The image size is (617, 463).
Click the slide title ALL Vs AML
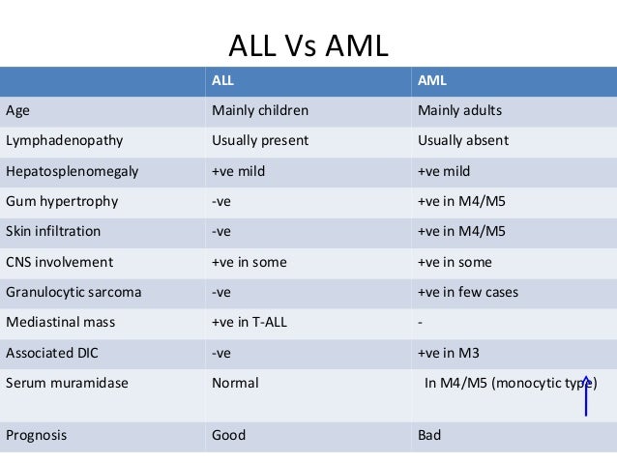click(307, 45)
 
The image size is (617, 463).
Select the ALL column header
click(223, 80)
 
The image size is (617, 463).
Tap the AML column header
click(431, 80)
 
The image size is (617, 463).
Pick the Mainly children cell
click(258, 109)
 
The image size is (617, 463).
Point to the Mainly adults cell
click(459, 109)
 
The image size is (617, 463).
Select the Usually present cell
click(259, 140)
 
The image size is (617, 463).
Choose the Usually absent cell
click(462, 140)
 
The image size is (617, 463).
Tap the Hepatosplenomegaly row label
click(72, 171)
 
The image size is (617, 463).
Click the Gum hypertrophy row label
click(61, 201)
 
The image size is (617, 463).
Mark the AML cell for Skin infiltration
click(458, 232)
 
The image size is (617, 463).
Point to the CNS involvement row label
click(59, 262)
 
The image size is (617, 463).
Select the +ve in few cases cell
click(467, 292)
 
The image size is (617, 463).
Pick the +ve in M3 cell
click(450, 353)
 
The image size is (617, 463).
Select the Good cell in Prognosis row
click(228, 435)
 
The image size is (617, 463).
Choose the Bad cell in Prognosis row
click(429, 435)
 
